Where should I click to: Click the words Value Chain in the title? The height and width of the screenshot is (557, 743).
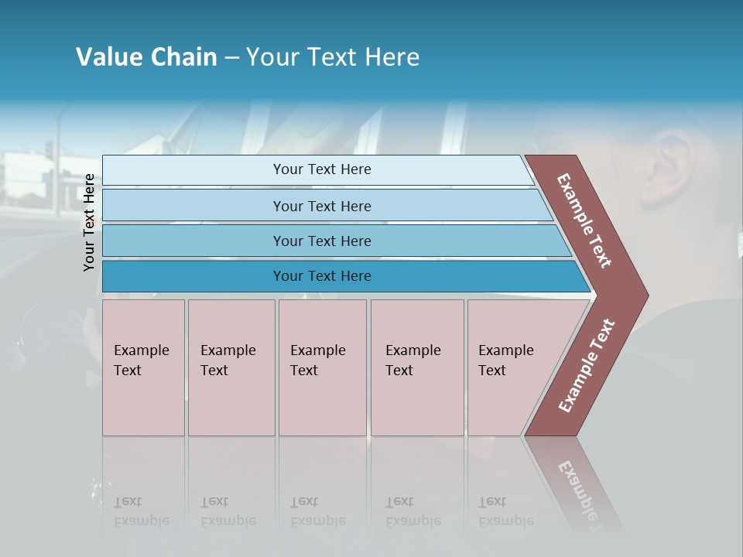146,57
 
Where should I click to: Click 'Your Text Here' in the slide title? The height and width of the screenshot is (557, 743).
333,57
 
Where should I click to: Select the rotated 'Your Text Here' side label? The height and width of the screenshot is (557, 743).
90,222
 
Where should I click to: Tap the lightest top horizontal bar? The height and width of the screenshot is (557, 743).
321,169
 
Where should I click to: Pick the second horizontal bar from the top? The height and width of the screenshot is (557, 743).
321,206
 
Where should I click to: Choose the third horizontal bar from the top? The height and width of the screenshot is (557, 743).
321,241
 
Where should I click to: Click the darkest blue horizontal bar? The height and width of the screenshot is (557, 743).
321,276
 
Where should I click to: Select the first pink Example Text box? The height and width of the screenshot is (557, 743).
143,367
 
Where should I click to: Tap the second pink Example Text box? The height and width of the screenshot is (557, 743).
231,367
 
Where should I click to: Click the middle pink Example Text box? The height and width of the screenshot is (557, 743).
322,367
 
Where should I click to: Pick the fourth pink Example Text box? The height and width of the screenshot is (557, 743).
417,367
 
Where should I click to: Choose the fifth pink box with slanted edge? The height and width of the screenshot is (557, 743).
511,367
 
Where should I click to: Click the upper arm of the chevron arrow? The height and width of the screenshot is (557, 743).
584,220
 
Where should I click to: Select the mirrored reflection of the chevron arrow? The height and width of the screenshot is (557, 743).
577,484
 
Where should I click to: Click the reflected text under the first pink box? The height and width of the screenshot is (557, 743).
141,511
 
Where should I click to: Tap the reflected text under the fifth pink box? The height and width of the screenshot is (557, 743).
505,511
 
